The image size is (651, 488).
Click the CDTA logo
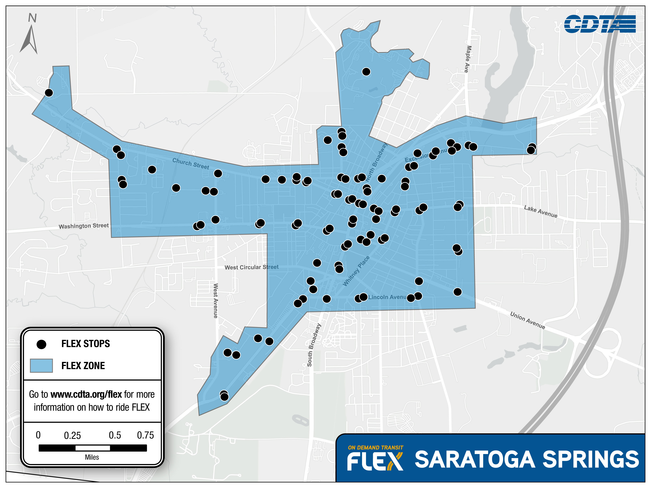(x=599, y=24)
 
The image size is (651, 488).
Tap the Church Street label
(x=191, y=164)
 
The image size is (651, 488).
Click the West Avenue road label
(x=216, y=300)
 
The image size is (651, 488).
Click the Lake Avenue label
(x=540, y=211)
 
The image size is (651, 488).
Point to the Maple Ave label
(x=468, y=59)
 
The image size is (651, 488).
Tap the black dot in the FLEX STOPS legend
(x=41, y=344)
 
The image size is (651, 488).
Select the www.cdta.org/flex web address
(x=86, y=394)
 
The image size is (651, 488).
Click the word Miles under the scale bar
(x=92, y=457)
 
